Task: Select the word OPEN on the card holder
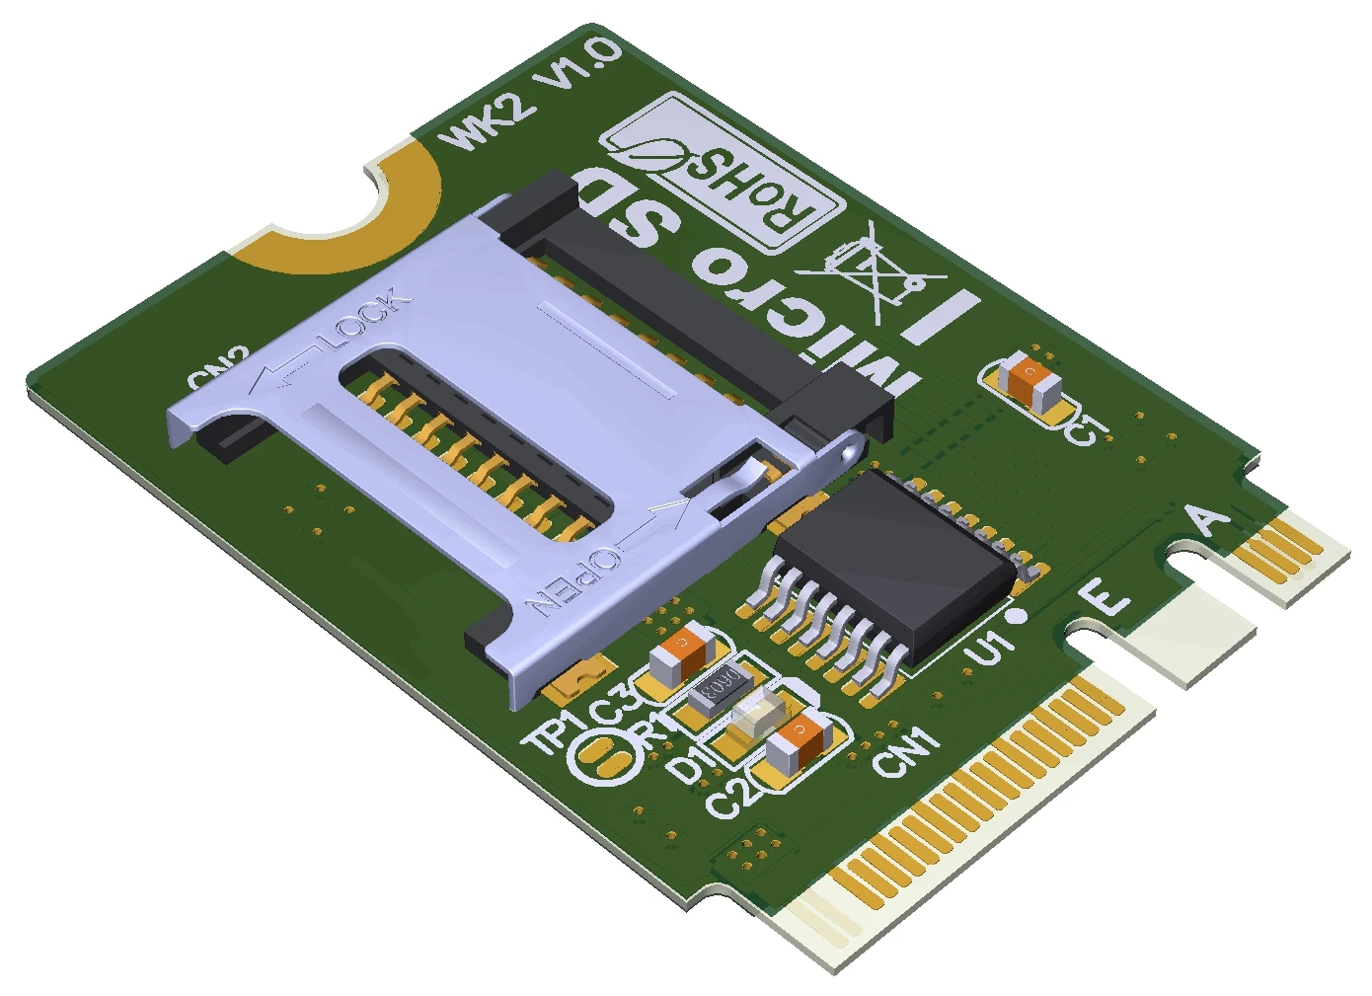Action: (574, 582)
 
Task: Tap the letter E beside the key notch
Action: (1104, 597)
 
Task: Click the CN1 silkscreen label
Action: (906, 753)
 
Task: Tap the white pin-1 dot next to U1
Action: (1019, 616)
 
